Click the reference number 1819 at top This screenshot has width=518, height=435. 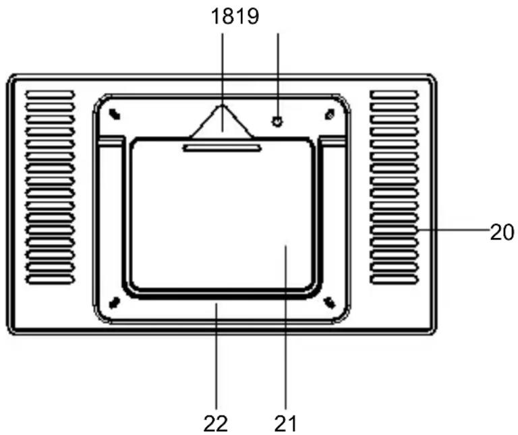tap(235, 16)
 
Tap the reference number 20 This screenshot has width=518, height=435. tap(502, 232)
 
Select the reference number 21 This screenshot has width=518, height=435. tap(285, 423)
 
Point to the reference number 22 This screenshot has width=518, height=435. tap(215, 424)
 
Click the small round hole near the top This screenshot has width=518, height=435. tap(277, 121)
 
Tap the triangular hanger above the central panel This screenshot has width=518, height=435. tap(222, 121)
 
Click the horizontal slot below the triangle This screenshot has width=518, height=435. tap(222, 148)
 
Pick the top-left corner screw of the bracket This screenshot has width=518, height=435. tap(115, 114)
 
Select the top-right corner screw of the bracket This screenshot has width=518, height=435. tap(329, 114)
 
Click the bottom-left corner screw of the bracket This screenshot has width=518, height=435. tap(115, 302)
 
